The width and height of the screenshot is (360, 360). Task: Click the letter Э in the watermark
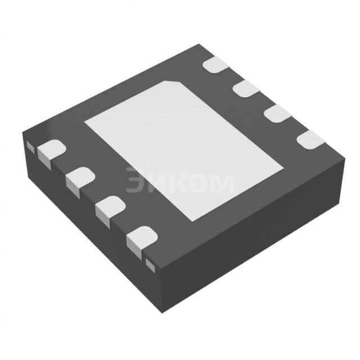[136, 182]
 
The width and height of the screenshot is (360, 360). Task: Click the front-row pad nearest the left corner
[51, 150]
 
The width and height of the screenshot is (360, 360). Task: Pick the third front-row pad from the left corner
[110, 208]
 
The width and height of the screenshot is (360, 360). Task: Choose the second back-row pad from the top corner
[246, 88]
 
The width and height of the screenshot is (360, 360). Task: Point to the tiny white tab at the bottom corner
[150, 263]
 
